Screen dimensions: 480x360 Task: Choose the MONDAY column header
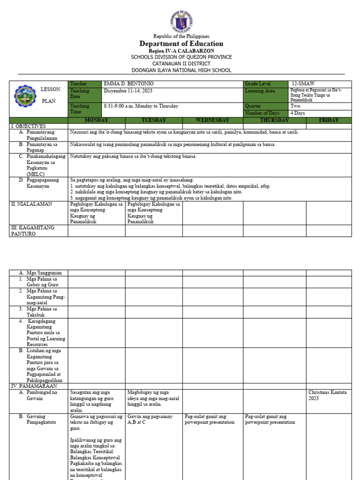click(x=96, y=120)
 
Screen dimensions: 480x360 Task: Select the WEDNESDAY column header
click(x=212, y=120)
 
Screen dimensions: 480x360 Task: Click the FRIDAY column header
click(x=329, y=120)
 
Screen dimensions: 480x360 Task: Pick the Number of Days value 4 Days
click(x=298, y=113)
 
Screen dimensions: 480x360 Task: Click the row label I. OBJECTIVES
click(x=29, y=127)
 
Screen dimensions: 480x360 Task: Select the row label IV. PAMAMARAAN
click(x=34, y=386)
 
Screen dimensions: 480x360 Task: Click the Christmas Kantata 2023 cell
click(x=328, y=395)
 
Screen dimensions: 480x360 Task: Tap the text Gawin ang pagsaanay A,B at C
click(x=150, y=419)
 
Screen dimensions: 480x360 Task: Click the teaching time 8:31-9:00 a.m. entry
click(x=141, y=106)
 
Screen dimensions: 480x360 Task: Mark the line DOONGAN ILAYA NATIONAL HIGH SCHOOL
click(x=181, y=70)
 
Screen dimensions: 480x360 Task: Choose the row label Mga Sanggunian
click(x=46, y=273)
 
